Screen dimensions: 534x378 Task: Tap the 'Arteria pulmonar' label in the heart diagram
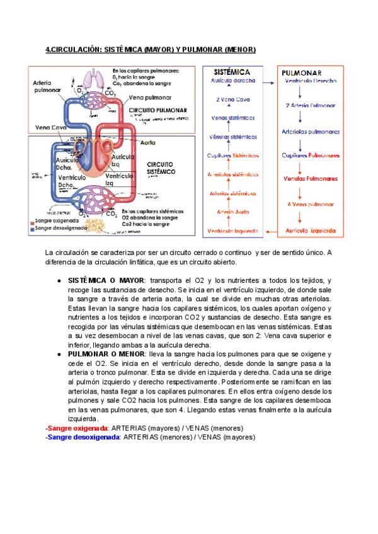47,86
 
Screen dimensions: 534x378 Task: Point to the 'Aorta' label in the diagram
147,142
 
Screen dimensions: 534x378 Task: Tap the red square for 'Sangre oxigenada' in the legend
32,222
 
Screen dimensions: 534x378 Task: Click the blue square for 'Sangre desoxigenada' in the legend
32,229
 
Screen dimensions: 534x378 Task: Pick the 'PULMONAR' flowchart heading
302,73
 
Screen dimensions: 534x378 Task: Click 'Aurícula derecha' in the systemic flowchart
233,81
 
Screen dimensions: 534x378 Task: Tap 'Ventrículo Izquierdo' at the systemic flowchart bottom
233,231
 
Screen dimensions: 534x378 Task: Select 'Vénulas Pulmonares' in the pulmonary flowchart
310,179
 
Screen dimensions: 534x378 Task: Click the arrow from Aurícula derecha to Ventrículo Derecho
270,81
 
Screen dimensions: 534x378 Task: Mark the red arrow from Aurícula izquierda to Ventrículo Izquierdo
270,231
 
